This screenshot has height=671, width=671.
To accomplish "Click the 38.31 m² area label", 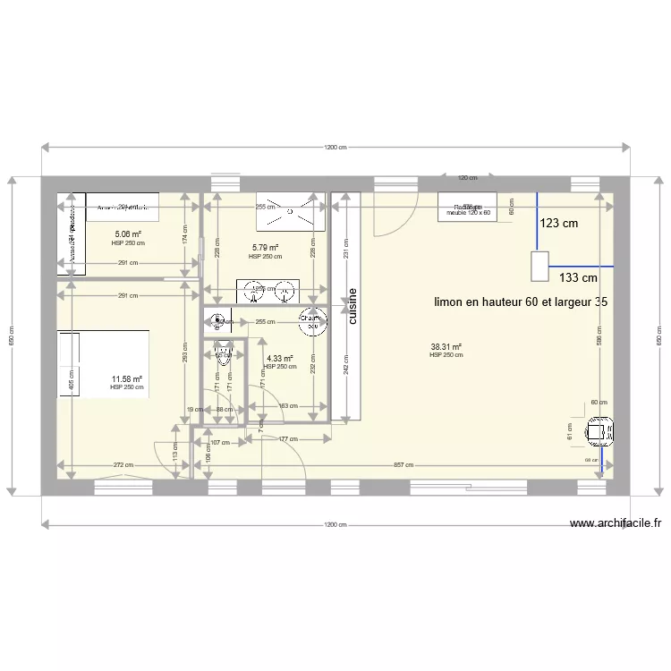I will (x=446, y=347).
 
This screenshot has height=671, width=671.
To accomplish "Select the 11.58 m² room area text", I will (x=126, y=379).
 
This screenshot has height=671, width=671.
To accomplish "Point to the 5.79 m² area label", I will (x=265, y=248).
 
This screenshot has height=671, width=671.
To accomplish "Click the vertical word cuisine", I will (x=352, y=307).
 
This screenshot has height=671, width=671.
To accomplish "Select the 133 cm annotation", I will (x=578, y=277).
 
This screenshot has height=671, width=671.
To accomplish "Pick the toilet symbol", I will (x=222, y=356).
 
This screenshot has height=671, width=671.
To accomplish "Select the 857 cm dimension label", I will (x=403, y=465).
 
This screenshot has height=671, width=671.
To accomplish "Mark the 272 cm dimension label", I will (x=123, y=465).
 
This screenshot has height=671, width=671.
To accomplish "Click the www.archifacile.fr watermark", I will (x=615, y=524).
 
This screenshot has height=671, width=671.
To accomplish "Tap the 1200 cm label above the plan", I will (x=335, y=148).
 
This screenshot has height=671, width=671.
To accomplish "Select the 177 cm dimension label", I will (x=287, y=439).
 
